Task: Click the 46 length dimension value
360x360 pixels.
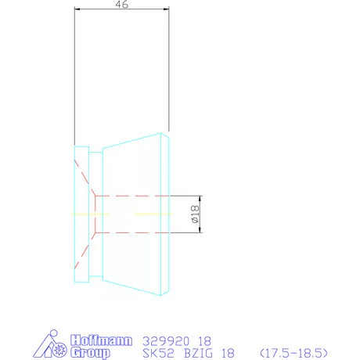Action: (122, 4)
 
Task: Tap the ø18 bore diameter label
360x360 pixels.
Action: (195, 214)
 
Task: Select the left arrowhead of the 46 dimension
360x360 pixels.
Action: (77, 9)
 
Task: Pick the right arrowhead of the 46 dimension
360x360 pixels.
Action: (166, 9)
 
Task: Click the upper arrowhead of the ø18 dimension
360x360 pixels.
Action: (200, 199)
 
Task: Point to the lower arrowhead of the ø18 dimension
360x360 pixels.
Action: (200, 229)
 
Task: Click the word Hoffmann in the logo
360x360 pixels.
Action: (101, 340)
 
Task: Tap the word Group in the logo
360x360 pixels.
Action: (90, 352)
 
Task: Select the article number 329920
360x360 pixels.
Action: (166, 341)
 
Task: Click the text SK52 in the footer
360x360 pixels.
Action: (158, 353)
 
